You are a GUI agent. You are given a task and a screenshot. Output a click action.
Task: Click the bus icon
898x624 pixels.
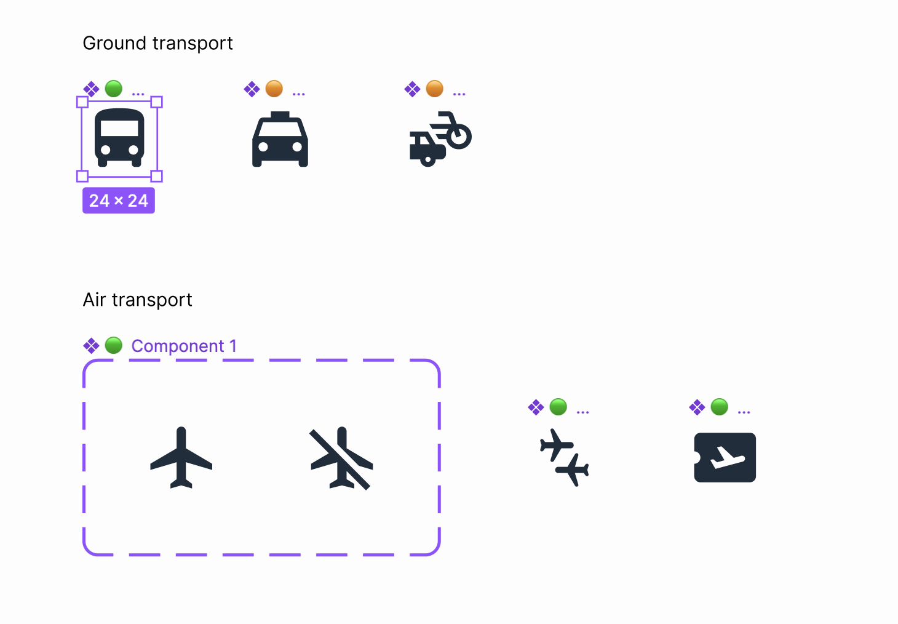click(119, 138)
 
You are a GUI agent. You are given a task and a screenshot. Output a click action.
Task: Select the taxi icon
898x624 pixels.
click(280, 138)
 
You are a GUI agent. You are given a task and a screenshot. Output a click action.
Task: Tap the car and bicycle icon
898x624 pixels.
click(440, 138)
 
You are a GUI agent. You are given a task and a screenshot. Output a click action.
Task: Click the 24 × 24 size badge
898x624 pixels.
click(119, 201)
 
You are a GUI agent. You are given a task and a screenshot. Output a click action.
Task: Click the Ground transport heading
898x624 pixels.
click(157, 43)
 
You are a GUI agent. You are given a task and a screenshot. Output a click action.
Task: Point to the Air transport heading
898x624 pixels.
click(138, 300)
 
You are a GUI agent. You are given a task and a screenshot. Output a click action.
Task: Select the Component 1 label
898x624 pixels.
click(184, 346)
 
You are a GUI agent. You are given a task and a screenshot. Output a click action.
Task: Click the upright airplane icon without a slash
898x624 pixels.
click(181, 458)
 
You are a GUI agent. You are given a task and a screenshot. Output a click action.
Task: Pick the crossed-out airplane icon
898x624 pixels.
click(341, 458)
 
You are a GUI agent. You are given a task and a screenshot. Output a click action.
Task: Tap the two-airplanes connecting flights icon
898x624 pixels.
click(565, 458)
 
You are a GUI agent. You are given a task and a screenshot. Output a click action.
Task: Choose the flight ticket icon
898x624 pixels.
click(725, 458)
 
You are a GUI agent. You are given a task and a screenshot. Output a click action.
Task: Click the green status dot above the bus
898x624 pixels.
click(113, 89)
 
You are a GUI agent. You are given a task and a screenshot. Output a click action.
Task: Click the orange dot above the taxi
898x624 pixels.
click(274, 89)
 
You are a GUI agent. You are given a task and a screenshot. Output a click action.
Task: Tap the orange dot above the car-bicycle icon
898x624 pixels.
click(435, 89)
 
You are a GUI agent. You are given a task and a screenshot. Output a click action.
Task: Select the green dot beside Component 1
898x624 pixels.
click(113, 345)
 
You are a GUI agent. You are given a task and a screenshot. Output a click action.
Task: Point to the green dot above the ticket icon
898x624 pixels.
click(719, 407)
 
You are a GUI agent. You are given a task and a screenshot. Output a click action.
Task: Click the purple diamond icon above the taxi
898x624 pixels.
click(252, 89)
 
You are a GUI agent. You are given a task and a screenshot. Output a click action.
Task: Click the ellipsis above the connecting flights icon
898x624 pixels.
click(583, 412)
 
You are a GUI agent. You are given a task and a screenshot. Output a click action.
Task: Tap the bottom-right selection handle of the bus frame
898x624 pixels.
click(157, 176)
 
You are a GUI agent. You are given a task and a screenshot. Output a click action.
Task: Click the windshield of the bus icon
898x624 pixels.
click(119, 129)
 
